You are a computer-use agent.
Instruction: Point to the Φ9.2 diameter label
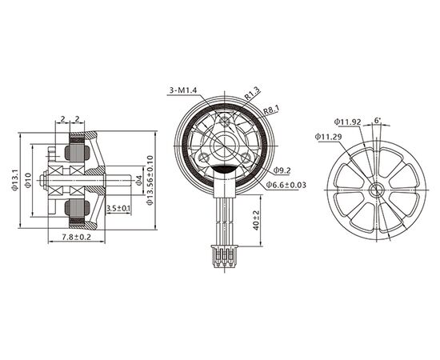coord(282,170)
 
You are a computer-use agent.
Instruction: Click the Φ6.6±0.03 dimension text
coord(286,186)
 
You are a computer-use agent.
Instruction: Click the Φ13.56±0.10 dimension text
coord(150,181)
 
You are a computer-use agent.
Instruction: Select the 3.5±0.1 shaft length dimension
coord(118,209)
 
